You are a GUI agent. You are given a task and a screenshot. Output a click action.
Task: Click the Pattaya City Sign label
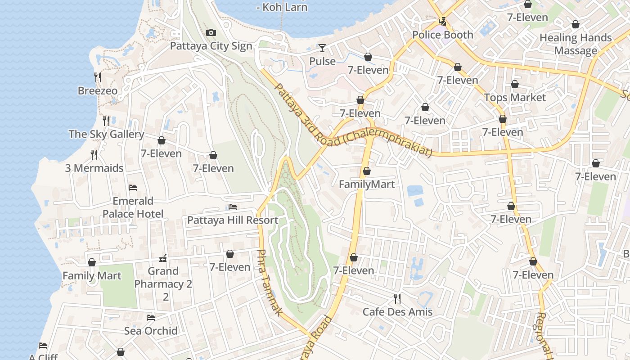tap(211, 46)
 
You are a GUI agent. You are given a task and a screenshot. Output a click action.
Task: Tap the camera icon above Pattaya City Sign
tap(211, 32)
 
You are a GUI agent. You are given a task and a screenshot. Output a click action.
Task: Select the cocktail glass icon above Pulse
tap(322, 48)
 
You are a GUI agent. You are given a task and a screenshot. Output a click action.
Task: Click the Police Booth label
tap(443, 35)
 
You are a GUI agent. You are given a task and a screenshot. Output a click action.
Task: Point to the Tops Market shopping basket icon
tap(515, 84)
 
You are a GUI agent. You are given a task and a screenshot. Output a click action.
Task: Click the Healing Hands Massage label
tap(576, 44)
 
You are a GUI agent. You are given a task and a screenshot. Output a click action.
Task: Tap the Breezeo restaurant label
tap(98, 90)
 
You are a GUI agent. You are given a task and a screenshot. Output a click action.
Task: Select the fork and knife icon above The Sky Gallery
tap(106, 121)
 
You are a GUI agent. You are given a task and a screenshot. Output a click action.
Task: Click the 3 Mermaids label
tap(94, 168)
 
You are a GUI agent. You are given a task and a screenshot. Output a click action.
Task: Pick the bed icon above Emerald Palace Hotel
tap(133, 187)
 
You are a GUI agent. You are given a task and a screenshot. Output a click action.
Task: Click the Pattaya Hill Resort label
tap(233, 220)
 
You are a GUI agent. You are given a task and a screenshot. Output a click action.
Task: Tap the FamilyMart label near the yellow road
tap(367, 184)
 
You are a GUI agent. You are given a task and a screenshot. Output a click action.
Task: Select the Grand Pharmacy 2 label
tap(163, 278)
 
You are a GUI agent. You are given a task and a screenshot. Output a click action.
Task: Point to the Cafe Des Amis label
tap(397, 312)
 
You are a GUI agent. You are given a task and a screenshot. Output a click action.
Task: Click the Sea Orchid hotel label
tap(151, 331)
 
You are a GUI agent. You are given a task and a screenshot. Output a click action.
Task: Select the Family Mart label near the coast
tap(92, 275)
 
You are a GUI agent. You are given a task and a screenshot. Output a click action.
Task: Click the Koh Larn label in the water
tap(282, 7)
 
